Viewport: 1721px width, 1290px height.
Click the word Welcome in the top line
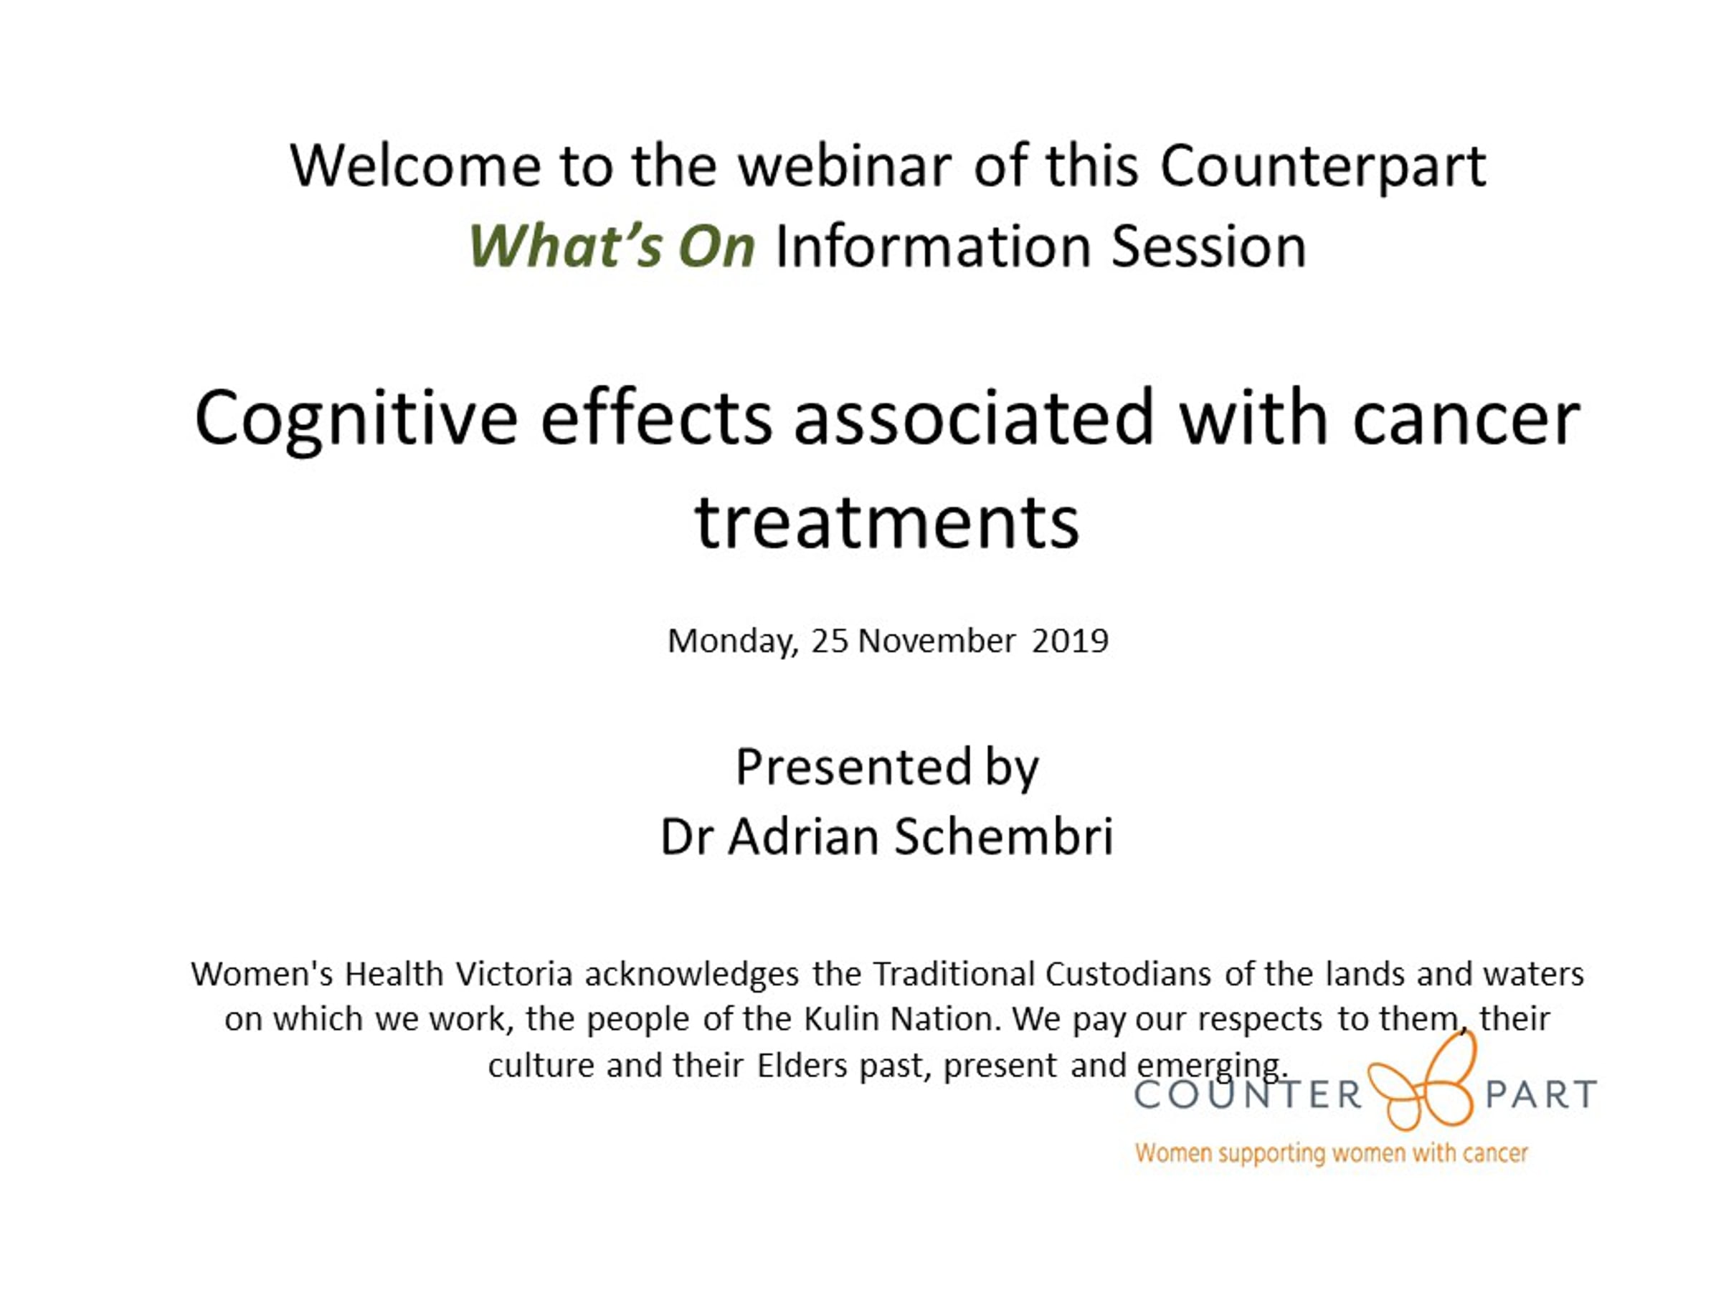[x=415, y=166]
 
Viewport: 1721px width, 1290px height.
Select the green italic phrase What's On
[x=612, y=246]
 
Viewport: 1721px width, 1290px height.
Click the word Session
[x=1208, y=247]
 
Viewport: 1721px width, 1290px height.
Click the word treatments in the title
[x=887, y=522]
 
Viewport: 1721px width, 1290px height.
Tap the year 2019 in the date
[x=1070, y=641]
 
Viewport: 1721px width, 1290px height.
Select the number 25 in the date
[x=830, y=641]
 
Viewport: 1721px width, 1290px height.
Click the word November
[x=937, y=641]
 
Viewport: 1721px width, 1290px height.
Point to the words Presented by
[x=887, y=768]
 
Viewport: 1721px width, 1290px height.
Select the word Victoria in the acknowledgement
[x=514, y=973]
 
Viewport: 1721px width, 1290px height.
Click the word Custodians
[x=1128, y=973]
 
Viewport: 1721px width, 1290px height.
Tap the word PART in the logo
[x=1541, y=1094]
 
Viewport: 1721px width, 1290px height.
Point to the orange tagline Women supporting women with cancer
[x=1331, y=1153]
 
